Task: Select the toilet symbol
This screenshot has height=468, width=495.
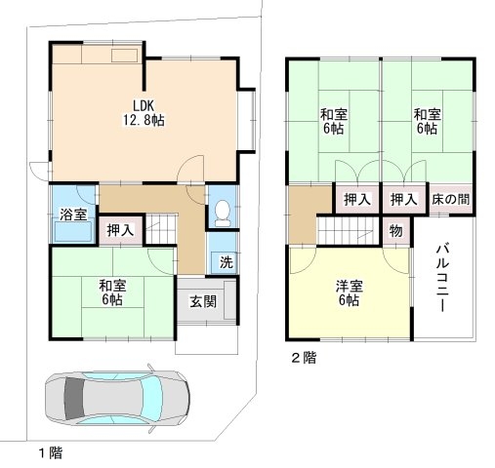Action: (x=222, y=209)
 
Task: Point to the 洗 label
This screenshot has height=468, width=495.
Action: (x=225, y=262)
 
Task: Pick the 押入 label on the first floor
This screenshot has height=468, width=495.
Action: (x=120, y=231)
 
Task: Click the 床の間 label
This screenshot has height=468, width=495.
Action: (x=450, y=199)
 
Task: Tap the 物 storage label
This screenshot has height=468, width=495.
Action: (x=395, y=231)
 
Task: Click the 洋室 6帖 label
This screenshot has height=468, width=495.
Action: (x=349, y=292)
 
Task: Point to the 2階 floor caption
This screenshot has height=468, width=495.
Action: (x=302, y=358)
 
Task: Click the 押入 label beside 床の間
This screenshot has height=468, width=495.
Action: (x=403, y=199)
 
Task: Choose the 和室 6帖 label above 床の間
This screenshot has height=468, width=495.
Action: (x=426, y=121)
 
